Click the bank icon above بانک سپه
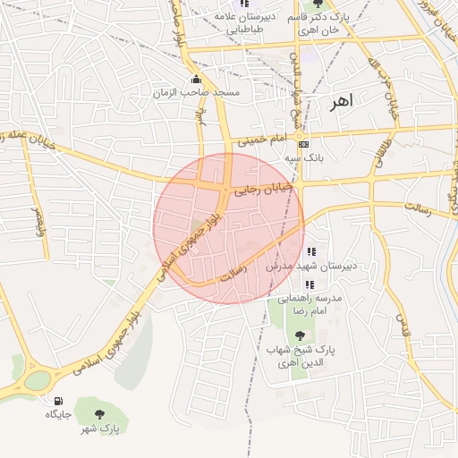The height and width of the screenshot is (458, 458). (304, 143)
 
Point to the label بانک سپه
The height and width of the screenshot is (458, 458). (303, 157)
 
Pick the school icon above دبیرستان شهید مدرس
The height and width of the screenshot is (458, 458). (311, 251)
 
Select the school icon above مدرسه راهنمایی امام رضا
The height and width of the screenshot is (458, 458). (310, 284)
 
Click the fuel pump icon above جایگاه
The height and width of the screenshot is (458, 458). (58, 401)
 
